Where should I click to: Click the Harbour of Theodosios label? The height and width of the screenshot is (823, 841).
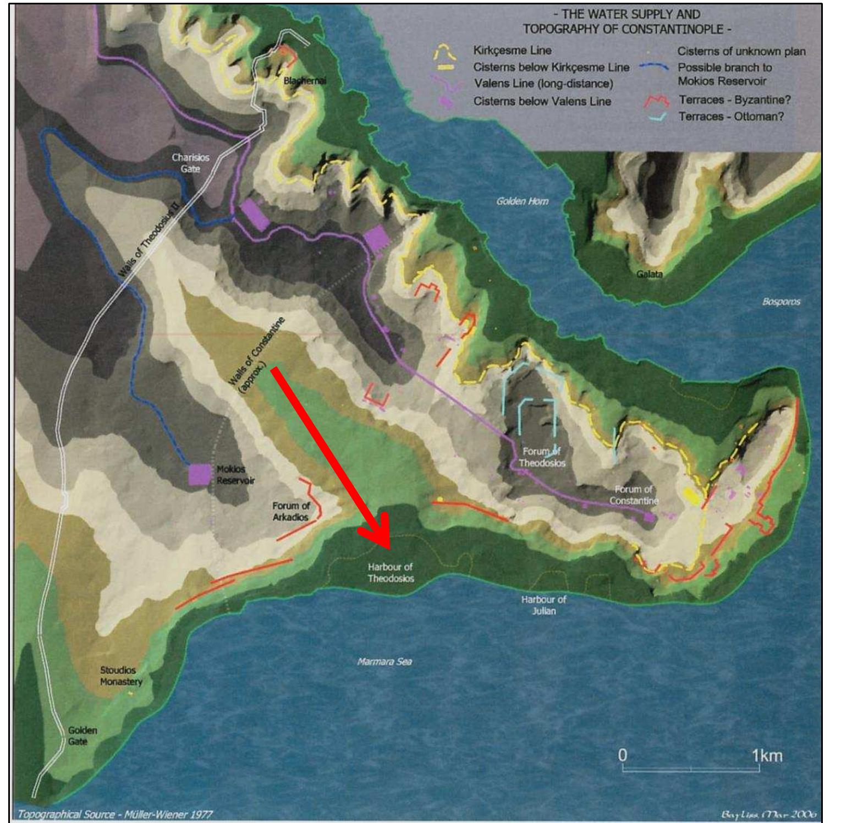391,573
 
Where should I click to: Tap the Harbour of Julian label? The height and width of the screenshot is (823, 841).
543,605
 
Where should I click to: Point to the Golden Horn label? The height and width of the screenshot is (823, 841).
522,201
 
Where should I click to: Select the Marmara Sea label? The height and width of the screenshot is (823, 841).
384,662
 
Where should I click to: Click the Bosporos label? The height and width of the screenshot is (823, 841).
781,302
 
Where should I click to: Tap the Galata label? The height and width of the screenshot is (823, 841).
649,275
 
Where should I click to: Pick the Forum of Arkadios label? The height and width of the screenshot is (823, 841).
291,512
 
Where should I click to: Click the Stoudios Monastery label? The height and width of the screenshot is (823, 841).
121,676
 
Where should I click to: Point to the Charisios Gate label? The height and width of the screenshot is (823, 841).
190,163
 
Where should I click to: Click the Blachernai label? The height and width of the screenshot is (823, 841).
305,81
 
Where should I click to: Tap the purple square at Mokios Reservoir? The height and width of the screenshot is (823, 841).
199,474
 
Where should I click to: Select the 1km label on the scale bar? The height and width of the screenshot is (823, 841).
767,756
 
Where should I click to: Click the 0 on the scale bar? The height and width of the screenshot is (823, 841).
622,755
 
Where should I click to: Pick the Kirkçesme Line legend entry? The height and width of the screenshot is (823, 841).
512,51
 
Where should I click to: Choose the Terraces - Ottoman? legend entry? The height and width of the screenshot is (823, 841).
731,117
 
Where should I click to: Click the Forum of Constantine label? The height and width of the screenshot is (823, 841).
634,495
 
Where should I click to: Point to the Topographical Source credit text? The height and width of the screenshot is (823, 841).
116,815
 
